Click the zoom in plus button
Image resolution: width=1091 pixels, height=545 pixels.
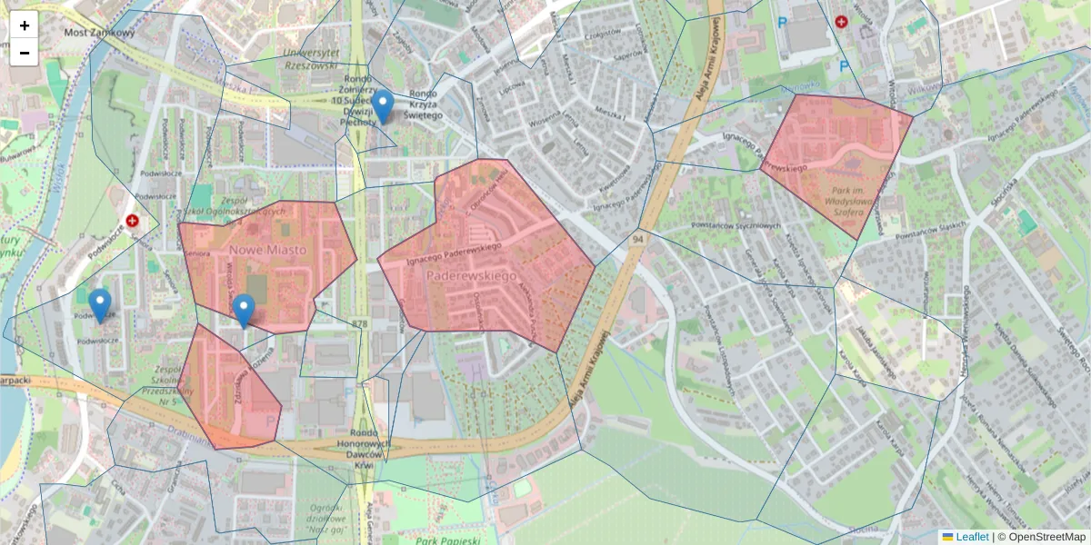coord(25,25)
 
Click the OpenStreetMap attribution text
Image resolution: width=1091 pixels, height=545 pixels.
coord(1046,537)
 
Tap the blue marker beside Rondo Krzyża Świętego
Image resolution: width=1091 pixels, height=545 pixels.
coord(384,106)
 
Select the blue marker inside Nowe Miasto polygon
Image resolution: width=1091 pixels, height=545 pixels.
coord(243,310)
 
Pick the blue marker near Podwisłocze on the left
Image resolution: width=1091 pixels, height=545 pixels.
coord(100,305)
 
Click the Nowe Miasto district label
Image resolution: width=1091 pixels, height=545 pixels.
coord(267,250)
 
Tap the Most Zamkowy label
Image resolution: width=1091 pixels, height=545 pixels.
coord(99,33)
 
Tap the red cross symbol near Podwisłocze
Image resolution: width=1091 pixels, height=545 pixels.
coord(133,221)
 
